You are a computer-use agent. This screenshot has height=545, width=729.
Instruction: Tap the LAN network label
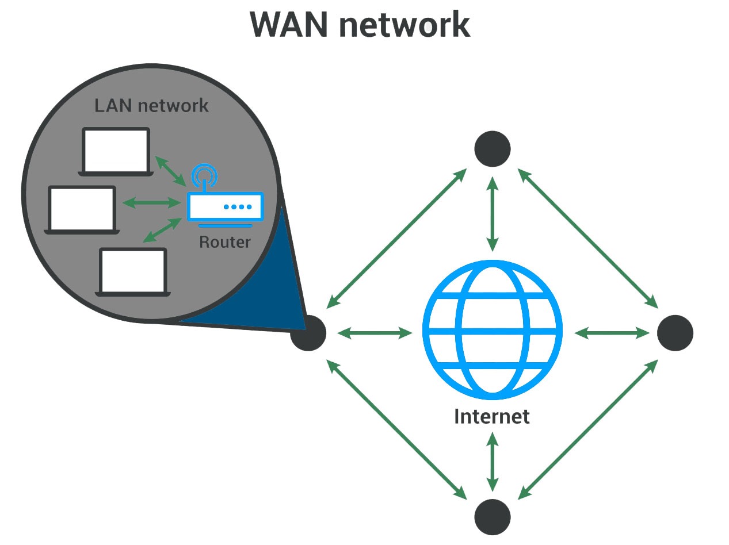click(151, 106)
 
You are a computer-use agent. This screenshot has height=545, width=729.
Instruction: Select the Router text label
click(225, 241)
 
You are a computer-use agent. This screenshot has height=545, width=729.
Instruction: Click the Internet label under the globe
click(492, 416)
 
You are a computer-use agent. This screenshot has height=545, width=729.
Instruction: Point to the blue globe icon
click(492, 332)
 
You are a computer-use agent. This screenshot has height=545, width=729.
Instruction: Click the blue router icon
click(225, 206)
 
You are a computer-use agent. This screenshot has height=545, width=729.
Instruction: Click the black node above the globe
click(492, 149)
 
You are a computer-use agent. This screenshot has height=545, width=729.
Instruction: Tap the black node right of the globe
click(675, 333)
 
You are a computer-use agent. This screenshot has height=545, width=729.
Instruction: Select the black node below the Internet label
click(492, 516)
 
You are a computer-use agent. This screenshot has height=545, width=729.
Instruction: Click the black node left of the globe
click(308, 333)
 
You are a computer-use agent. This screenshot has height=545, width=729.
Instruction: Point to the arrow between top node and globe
click(492, 213)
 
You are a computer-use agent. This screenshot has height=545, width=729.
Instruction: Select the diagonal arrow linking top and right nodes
click(587, 237)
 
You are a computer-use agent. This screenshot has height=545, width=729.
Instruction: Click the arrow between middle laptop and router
click(151, 202)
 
